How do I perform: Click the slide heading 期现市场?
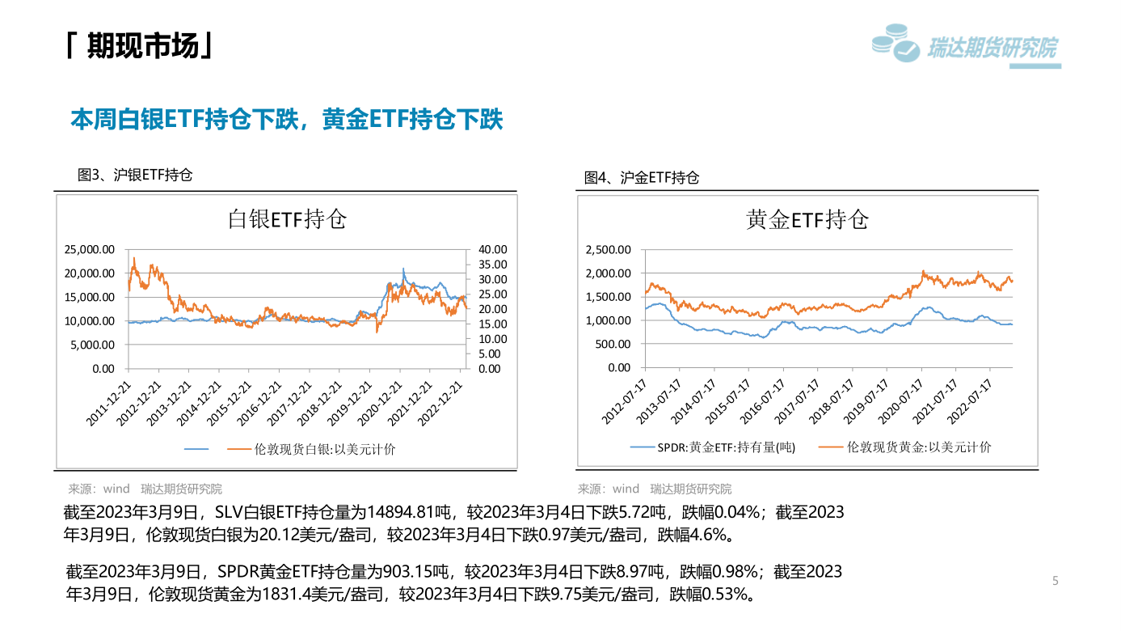click(x=141, y=47)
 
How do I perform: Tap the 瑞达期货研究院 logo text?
click(x=992, y=49)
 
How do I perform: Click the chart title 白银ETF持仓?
click(x=287, y=219)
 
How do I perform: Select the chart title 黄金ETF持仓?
click(x=807, y=219)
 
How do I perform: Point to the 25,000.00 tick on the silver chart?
click(x=90, y=250)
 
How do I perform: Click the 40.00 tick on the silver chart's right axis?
click(x=492, y=250)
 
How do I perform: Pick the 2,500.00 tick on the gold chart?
click(x=608, y=250)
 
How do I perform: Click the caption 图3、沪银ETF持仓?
click(x=135, y=175)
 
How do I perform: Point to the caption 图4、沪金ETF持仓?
click(x=642, y=178)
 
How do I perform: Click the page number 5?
click(x=1055, y=581)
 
